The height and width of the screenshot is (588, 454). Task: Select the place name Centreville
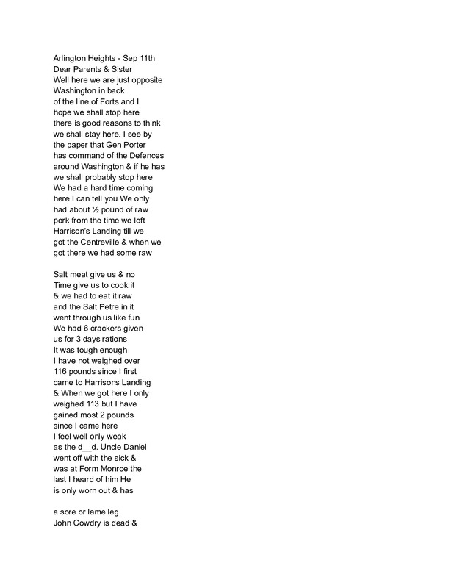click(x=113, y=242)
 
